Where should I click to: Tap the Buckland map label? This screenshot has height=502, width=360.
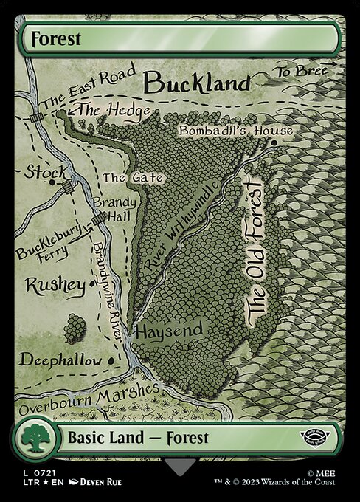coord(196,83)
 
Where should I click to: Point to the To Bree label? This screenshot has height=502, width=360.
coord(302,72)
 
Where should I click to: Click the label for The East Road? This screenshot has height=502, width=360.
coord(89,88)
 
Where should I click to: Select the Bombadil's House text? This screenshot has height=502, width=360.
coord(235,131)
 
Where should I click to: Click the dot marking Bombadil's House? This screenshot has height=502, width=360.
coord(273,142)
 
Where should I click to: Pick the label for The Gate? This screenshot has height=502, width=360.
coord(122,178)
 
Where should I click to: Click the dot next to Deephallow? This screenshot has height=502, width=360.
coord(111,360)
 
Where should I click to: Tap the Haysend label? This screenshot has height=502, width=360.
coord(168,331)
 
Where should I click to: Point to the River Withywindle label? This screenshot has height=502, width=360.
coord(176,233)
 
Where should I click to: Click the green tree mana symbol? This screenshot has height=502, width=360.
coord(34,439)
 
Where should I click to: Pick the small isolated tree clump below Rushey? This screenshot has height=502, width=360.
coord(74,329)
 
